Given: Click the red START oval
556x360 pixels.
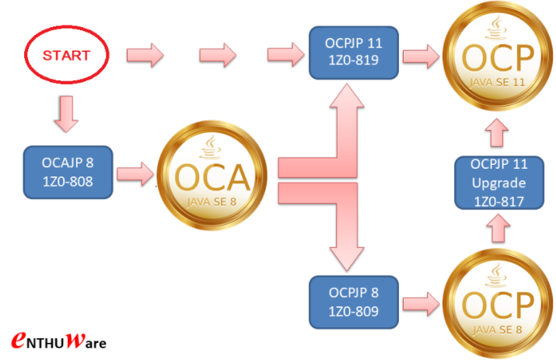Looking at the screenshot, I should (x=66, y=55).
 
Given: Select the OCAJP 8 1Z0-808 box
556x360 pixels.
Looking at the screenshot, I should (x=69, y=173).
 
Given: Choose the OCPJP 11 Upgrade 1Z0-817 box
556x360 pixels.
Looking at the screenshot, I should (x=499, y=182).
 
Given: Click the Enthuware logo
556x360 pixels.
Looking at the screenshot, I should (x=59, y=341).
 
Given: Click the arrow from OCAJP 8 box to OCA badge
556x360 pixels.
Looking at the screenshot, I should (x=135, y=173).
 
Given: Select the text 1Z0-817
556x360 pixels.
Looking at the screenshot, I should (x=499, y=199).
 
